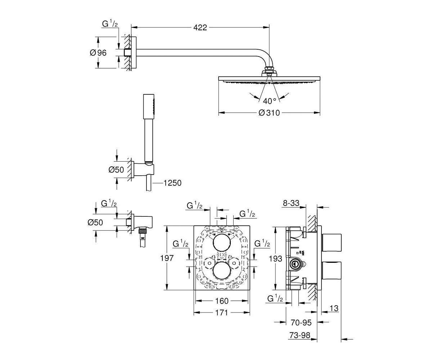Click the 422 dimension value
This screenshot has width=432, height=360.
(x=200, y=27)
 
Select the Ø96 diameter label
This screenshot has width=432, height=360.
(x=98, y=53)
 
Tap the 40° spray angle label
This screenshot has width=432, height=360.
(x=270, y=101)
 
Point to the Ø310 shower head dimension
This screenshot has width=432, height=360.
(x=269, y=113)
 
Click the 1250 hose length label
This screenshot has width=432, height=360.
(x=172, y=183)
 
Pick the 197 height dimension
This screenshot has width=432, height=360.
(x=167, y=258)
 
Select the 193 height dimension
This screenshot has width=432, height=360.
(x=276, y=258)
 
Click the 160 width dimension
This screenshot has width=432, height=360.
(x=222, y=301)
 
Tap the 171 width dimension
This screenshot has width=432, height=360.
(x=222, y=312)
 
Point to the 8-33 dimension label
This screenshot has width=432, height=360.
(x=291, y=203)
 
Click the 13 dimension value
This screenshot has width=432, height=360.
(x=334, y=308)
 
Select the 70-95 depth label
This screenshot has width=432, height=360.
(x=301, y=323)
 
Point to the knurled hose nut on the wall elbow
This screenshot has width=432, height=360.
(x=142, y=230)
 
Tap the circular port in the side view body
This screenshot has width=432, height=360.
(x=294, y=264)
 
